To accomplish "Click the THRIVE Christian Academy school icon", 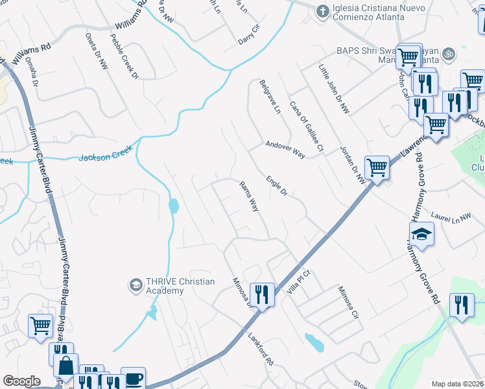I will [136, 285].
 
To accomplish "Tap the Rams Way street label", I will [250, 196].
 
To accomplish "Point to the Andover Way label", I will [285, 150].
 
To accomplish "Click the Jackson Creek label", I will [106, 154].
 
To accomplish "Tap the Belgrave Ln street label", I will [269, 97].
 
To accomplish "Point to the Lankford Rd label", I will [261, 348].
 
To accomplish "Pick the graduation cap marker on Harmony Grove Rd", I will [421, 233].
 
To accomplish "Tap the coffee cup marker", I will [134, 379].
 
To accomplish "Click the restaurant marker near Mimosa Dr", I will [263, 294].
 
